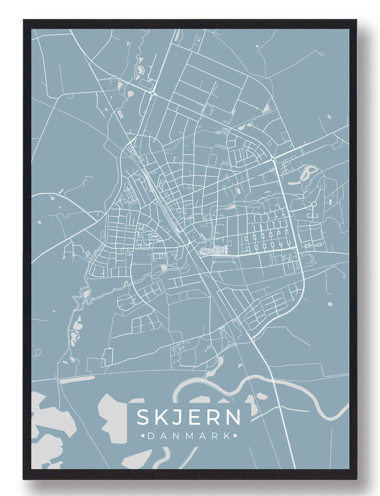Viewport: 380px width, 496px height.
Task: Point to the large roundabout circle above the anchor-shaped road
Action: click(314, 204)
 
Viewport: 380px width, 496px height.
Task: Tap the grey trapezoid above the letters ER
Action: click(201, 400)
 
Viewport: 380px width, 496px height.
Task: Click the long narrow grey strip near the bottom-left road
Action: click(77, 379)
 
